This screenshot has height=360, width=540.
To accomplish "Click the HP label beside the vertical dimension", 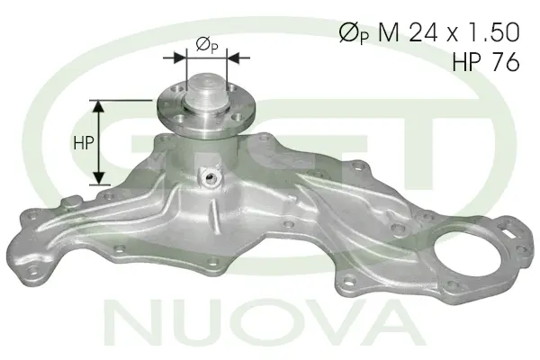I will coord(82,142).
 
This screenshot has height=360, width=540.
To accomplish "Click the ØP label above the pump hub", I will coord(205,46).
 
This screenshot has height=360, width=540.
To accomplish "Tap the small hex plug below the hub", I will coord(211,175).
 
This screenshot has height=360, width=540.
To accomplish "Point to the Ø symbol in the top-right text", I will coord(347,33).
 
